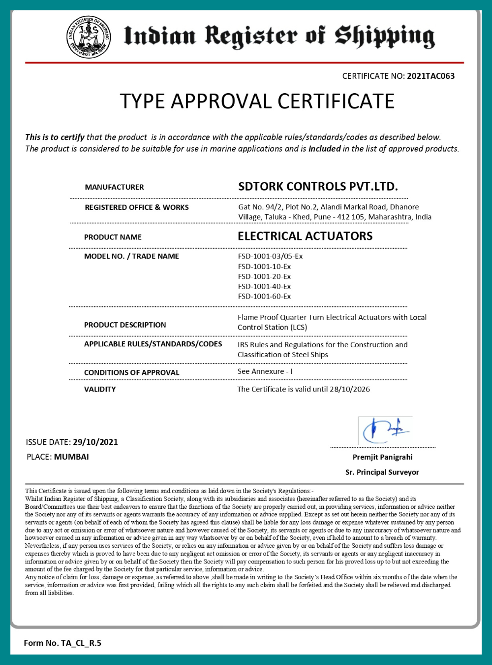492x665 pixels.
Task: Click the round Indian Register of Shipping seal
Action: click(x=89, y=37)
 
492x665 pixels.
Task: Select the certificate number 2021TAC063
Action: click(x=430, y=76)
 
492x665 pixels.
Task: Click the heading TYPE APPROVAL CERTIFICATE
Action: click(x=257, y=101)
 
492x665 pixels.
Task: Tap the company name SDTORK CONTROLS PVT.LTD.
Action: click(x=318, y=187)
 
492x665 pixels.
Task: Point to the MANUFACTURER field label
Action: click(x=114, y=187)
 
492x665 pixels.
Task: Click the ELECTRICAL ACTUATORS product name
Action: click(x=305, y=236)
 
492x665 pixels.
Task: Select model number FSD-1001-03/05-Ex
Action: click(x=270, y=256)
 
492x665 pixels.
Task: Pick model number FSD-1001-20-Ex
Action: click(x=264, y=276)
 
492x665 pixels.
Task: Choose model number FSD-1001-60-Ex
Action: click(x=264, y=297)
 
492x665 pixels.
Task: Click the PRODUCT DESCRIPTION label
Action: click(x=125, y=325)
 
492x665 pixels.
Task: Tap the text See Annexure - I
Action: click(x=265, y=371)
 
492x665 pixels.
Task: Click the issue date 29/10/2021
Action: click(x=95, y=442)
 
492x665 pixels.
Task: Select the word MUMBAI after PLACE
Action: click(x=71, y=457)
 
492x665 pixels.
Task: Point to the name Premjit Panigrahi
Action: click(x=382, y=457)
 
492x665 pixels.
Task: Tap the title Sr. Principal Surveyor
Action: click(x=382, y=472)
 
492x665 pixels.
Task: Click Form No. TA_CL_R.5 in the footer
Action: click(x=62, y=643)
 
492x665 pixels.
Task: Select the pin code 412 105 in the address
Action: click(x=350, y=217)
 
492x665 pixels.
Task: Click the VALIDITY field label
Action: click(x=100, y=389)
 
